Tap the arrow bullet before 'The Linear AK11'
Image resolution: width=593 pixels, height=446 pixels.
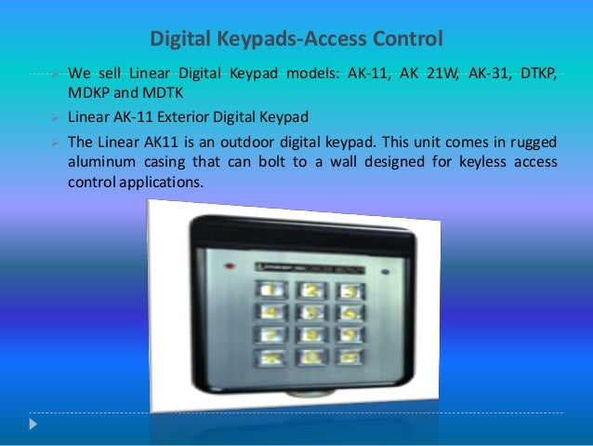pyautogui.click(x=56, y=142)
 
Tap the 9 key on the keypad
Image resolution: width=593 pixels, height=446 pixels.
pyautogui.click(x=349, y=331)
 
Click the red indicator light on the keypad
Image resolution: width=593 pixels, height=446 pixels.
pyautogui.click(x=382, y=272)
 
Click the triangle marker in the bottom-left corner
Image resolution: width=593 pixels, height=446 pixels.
pyautogui.click(x=35, y=425)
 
